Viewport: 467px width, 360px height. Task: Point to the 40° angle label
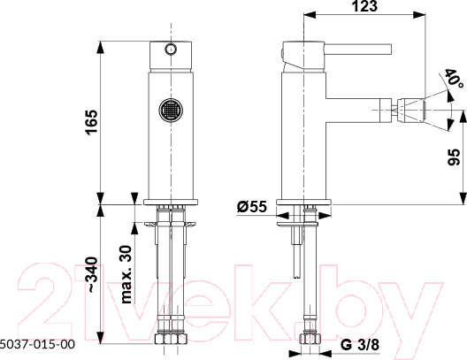(x=454, y=83)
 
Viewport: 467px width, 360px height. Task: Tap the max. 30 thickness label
(x=125, y=272)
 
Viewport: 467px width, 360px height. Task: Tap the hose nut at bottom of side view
(x=309, y=338)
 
